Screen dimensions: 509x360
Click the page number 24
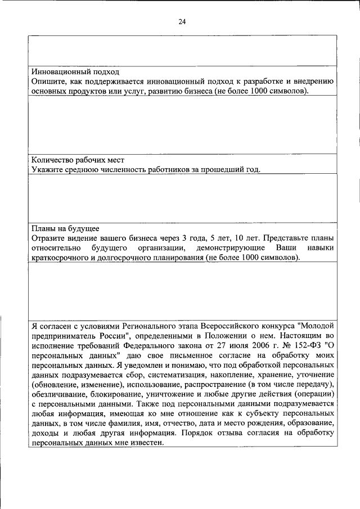182,22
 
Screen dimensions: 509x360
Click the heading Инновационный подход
75,73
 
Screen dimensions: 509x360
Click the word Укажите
47,169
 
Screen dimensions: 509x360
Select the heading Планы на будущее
65,228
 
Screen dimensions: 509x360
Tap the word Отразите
49,238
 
